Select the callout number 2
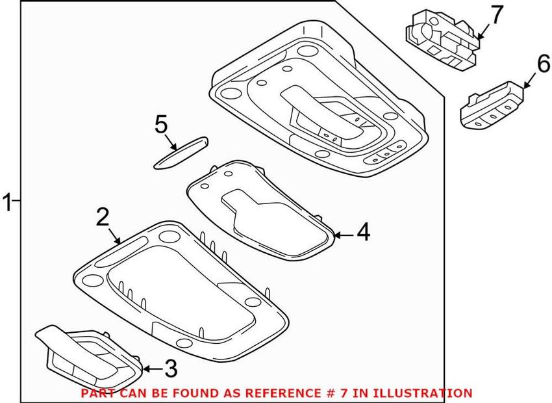103,216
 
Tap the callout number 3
171,369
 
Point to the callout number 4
363,232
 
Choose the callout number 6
543,64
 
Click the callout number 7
497,15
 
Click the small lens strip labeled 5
181,153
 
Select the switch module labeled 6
492,106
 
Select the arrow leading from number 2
115,236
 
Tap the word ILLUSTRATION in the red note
421,393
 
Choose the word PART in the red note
95,393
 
